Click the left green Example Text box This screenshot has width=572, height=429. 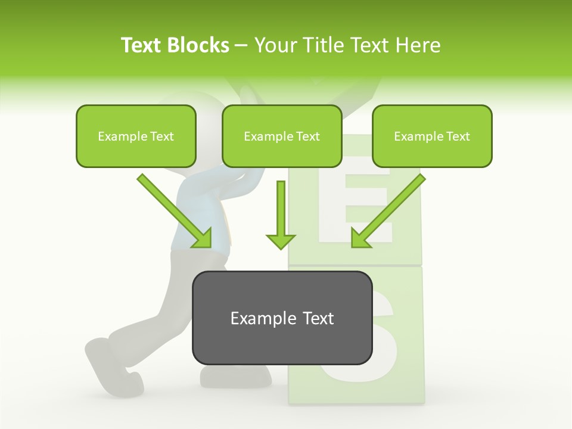136,136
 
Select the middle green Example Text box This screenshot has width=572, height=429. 282,136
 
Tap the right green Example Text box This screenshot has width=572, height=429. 432,136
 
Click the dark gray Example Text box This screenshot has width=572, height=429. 282,318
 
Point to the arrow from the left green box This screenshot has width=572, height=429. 173,210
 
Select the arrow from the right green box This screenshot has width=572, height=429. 390,210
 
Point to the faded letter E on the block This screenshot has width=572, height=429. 356,203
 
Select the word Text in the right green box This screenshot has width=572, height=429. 457,136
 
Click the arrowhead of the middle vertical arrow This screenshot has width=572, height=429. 281,241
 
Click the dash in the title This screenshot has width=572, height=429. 241,45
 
